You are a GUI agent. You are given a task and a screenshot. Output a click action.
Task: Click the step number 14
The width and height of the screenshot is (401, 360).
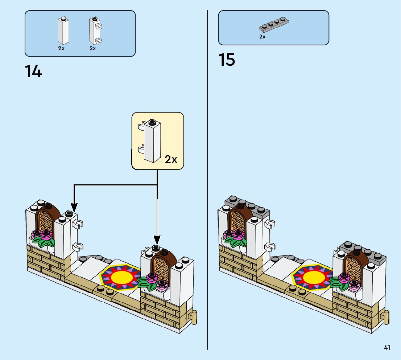pyautogui.click(x=33, y=71)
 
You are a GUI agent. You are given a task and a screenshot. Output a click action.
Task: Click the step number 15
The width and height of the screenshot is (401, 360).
pyautogui.click(x=227, y=60)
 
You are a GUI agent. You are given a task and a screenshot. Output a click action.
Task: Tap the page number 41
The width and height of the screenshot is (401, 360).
pyautogui.click(x=387, y=347)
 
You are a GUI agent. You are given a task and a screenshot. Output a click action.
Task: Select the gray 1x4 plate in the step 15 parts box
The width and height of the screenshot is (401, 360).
pyautogui.click(x=274, y=25)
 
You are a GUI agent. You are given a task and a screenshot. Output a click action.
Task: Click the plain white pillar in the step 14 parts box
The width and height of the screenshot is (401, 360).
pyautogui.click(x=63, y=31)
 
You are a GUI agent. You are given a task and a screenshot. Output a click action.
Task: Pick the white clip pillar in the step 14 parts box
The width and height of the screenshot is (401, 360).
pyautogui.click(x=95, y=31)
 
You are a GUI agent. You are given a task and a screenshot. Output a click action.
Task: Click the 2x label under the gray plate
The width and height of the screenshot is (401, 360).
pyautogui.click(x=262, y=37)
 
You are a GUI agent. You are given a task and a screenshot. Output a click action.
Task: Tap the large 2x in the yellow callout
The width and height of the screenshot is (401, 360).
pyautogui.click(x=171, y=159)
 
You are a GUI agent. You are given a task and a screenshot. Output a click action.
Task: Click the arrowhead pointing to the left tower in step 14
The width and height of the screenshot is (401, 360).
pyautogui.click(x=74, y=207)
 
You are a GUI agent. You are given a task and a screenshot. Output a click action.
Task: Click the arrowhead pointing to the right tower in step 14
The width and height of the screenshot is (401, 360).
pyautogui.click(x=157, y=240)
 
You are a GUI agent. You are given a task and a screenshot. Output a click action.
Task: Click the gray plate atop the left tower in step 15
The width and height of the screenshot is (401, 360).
pyautogui.click(x=247, y=207)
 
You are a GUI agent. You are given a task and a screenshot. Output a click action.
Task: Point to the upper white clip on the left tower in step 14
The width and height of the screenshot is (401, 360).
pyautogui.click(x=78, y=224)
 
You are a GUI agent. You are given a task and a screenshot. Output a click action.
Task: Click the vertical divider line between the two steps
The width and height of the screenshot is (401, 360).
pyautogui.click(x=207, y=180)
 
